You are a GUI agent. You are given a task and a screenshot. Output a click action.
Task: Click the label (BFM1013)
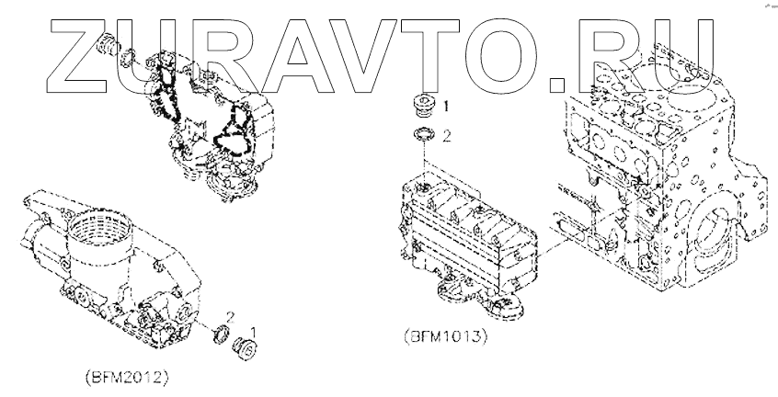pos(444,336)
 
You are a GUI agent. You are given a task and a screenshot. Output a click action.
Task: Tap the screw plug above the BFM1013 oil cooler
pos(424,107)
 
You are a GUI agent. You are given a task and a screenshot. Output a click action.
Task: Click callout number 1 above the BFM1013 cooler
pos(447,107)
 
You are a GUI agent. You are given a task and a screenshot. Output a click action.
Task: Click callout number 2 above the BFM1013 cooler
pos(447,137)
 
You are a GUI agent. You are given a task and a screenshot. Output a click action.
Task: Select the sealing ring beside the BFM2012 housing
pos(221,335)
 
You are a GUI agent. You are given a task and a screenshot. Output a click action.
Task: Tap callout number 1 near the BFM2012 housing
pos(255,328)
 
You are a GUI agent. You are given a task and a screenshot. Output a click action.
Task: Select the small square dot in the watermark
pos(557,86)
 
